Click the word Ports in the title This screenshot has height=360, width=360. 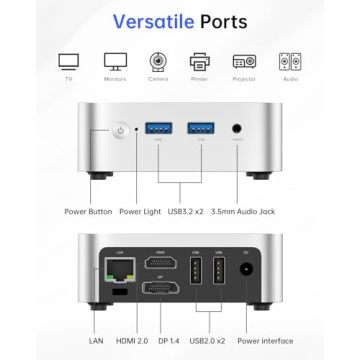tap(234, 21)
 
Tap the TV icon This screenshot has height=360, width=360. tap(68, 61)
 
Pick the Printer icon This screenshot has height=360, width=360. tap(200, 61)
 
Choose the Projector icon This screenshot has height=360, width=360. tap(244, 61)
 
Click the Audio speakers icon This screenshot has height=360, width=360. tap(289, 61)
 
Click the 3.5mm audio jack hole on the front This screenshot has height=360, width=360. tap(238, 130)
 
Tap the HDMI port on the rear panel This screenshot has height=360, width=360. tap(157, 265)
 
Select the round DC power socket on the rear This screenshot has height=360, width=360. tap(245, 268)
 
